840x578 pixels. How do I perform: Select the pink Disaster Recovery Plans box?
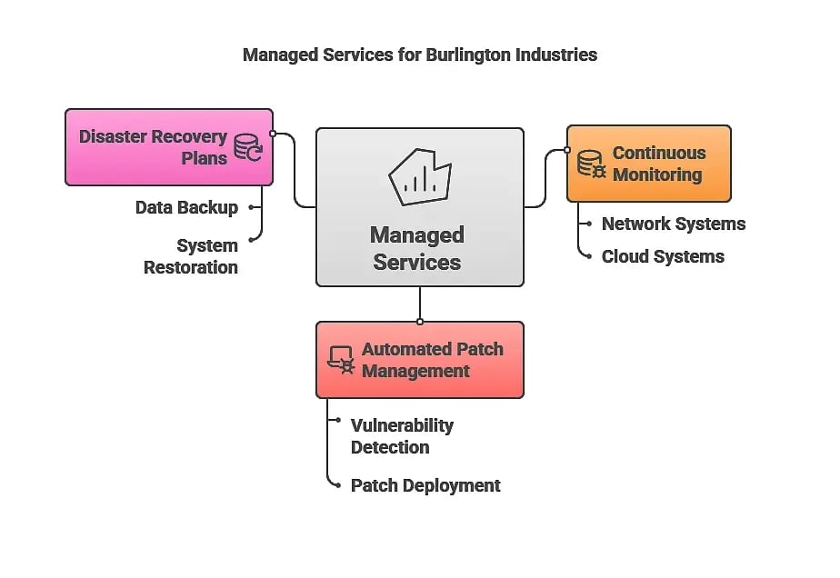point(169,147)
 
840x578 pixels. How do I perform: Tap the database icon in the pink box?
point(247,148)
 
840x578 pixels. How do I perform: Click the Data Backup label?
point(186,208)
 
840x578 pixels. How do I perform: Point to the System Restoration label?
point(191,256)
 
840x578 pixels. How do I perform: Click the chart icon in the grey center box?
point(419,177)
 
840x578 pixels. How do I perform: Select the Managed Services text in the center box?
point(417,249)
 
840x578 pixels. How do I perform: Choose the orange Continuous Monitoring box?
point(649,164)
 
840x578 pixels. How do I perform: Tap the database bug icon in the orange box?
point(592,164)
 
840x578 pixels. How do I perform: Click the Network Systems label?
point(673,224)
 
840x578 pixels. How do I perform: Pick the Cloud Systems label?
point(663,257)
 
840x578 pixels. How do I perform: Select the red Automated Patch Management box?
point(420,360)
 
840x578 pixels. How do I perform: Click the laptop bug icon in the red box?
point(341,360)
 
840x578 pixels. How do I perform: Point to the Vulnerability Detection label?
point(402,436)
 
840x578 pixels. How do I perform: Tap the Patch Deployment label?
point(425,486)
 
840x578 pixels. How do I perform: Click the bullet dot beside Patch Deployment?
point(337,486)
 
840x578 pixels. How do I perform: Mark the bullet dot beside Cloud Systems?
point(588,257)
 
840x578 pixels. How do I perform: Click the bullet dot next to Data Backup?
point(251,208)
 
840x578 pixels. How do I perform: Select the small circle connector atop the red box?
point(420,322)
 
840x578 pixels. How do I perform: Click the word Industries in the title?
point(555,55)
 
